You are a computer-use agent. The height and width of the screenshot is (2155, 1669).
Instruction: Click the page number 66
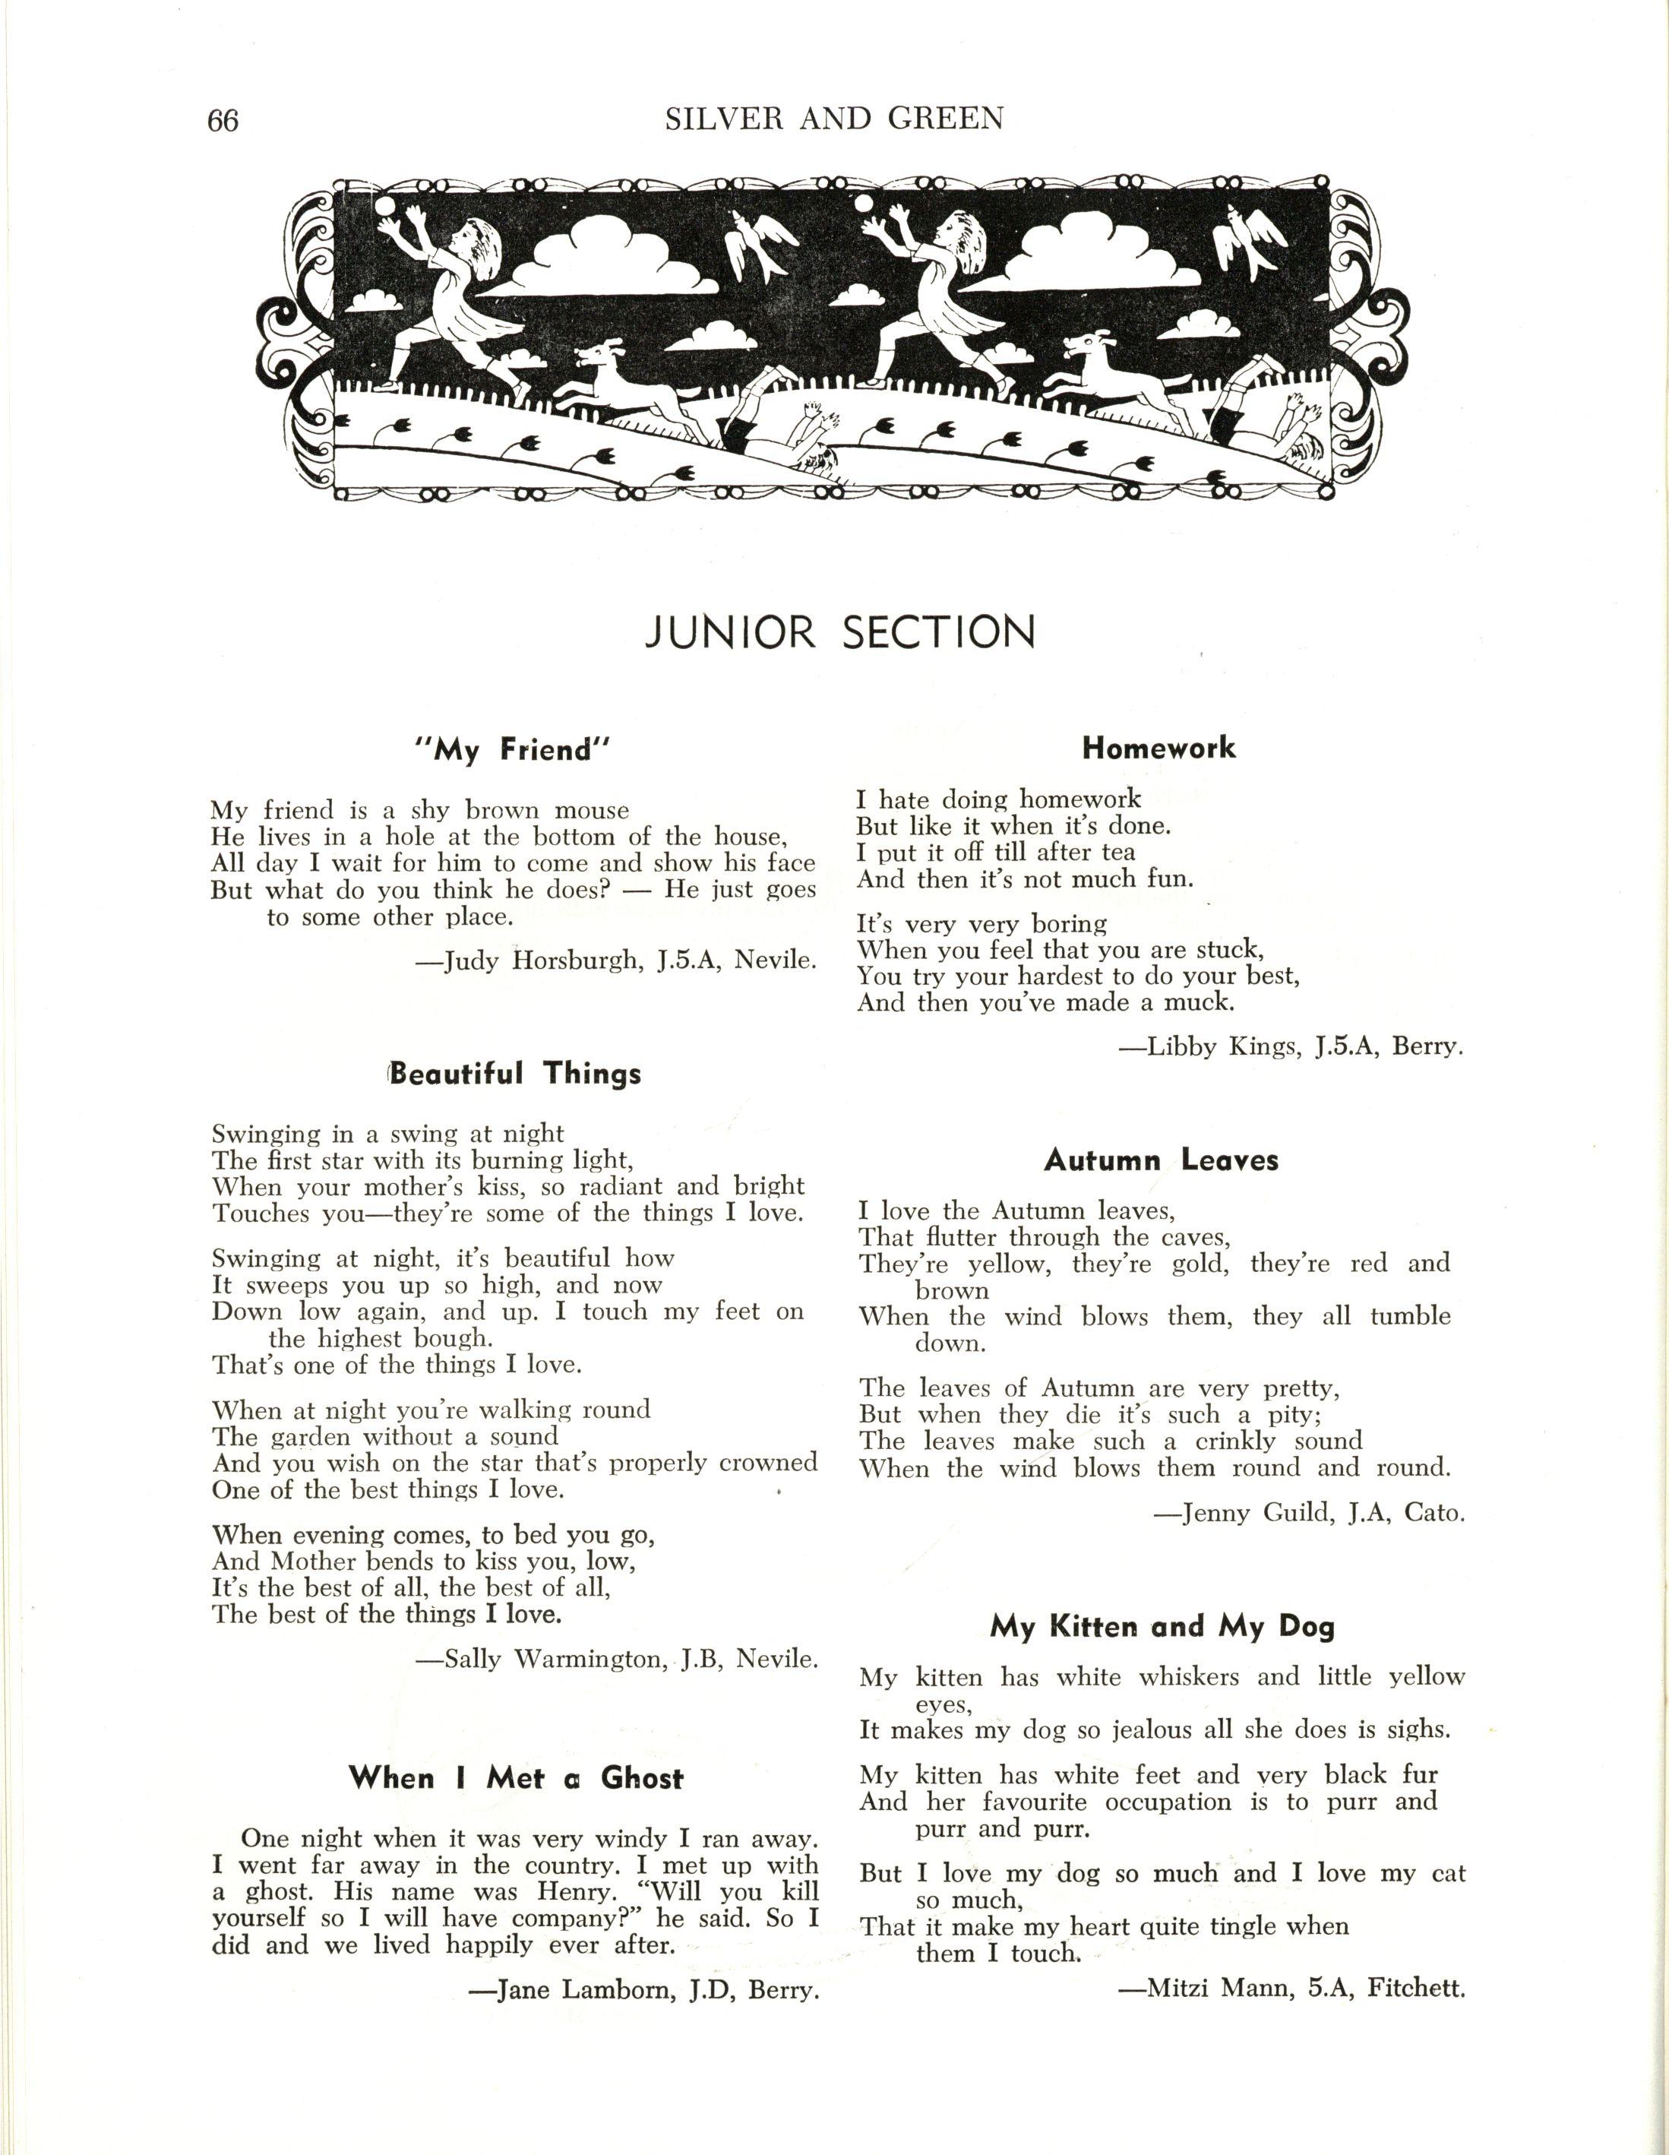coord(223,120)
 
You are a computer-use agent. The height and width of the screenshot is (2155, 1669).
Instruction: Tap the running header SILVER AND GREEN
coord(833,119)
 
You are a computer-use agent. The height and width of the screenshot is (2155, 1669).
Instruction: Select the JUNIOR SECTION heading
coord(840,632)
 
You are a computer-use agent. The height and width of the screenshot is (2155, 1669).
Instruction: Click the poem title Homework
coord(1158,748)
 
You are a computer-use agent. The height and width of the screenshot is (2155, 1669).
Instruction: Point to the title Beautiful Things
coord(515,1074)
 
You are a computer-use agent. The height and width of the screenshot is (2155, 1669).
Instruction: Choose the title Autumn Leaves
coord(1161,1160)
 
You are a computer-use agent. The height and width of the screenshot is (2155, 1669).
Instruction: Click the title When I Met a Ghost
coord(515,1778)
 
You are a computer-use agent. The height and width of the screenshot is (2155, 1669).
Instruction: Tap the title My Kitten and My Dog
coord(1162,1626)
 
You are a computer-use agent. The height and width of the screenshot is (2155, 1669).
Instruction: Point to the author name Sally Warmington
coord(558,1659)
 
